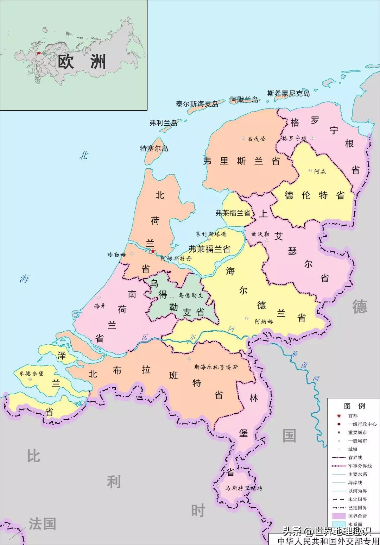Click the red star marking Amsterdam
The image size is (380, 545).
tap(153, 251)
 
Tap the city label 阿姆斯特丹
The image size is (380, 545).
tap(176, 258)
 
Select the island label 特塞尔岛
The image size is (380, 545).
tap(154, 148)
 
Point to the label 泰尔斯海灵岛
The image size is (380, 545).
tap(197, 104)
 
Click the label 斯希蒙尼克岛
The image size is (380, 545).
tap(289, 93)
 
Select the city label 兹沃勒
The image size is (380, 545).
tap(260, 234)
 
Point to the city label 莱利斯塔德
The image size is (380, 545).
tap(211, 234)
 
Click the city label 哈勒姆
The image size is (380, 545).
tap(116, 254)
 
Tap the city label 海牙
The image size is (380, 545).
tap(100, 306)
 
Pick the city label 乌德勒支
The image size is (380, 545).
tap(191, 295)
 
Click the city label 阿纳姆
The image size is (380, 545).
tap(264, 321)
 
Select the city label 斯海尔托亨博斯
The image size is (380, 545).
tap(216, 367)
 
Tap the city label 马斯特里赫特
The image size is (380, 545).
tap(244, 488)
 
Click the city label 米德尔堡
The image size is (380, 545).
tap(31, 373)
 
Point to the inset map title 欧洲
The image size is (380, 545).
tap(82, 62)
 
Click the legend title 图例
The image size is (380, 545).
tap(354, 406)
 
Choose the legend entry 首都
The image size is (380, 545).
tap(353, 416)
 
